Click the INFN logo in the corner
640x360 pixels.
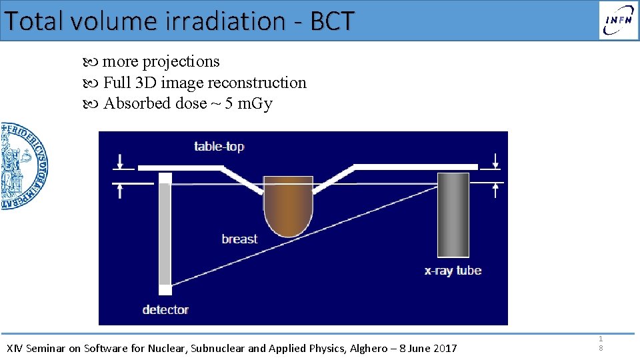pyautogui.click(x=618, y=20)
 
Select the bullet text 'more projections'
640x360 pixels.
pyautogui.click(x=160, y=61)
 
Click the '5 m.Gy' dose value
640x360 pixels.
pyautogui.click(x=249, y=104)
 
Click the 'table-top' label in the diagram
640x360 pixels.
pyautogui.click(x=219, y=146)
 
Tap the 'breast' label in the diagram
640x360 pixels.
pyautogui.click(x=239, y=239)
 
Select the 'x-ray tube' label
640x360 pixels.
pyautogui.click(x=453, y=271)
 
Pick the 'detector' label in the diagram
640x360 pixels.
pyautogui.click(x=165, y=309)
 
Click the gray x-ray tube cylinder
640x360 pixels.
pyautogui.click(x=453, y=214)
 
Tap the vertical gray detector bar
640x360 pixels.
pyautogui.click(x=165, y=233)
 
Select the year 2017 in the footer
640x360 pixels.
pyautogui.click(x=444, y=348)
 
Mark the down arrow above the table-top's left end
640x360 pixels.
pyautogui.click(x=119, y=161)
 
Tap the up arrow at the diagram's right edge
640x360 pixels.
pyautogui.click(x=495, y=190)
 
